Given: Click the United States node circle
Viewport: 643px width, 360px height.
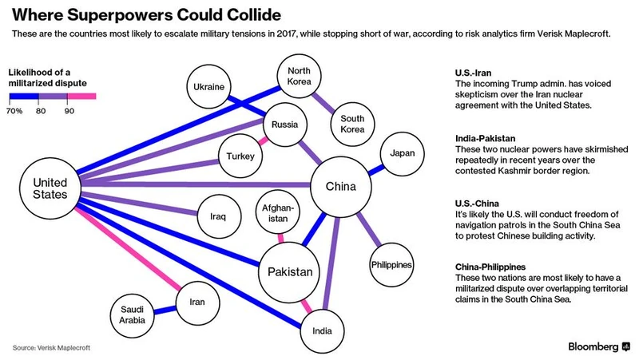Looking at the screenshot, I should [50, 188].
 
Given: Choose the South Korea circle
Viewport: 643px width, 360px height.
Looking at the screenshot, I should [352, 120].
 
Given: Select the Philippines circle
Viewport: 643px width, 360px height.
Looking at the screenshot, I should [391, 264].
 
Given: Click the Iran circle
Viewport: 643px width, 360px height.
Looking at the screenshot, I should [196, 301].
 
